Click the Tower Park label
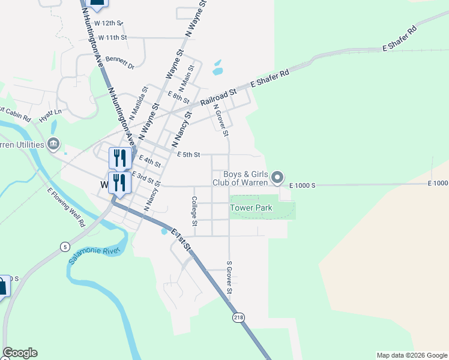pyautogui.click(x=252, y=208)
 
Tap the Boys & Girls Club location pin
pyautogui.click(x=277, y=177)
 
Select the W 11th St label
pyautogui.click(x=113, y=37)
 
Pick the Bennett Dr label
pyautogui.click(x=119, y=59)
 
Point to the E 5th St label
pyautogui.click(x=188, y=154)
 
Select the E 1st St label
pyautogui.click(x=181, y=238)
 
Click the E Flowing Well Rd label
pyautogui.click(x=66, y=207)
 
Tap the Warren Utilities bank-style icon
pyautogui.click(x=53, y=144)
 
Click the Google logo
pyautogui.click(x=20, y=353)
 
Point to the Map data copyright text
pyautogui.click(x=411, y=355)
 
